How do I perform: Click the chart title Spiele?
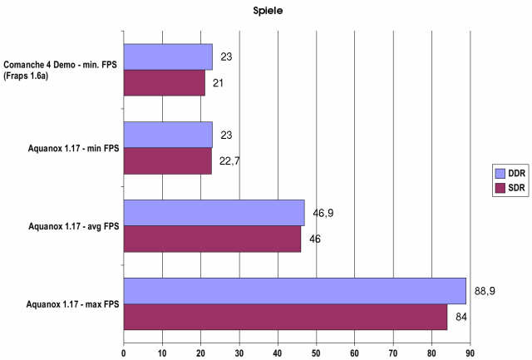point(268,11)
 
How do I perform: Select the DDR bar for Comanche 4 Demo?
point(168,57)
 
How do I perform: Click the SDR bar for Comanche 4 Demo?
point(165,83)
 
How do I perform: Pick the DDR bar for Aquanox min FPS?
point(168,135)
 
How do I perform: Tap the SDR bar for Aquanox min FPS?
point(168,161)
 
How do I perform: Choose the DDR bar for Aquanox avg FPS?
point(214,213)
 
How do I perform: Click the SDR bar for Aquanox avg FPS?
point(213,239)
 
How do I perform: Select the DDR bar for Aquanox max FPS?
point(295,291)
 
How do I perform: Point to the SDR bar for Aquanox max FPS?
point(285,317)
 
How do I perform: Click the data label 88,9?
point(485,291)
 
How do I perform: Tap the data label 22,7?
point(229,160)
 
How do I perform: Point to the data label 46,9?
point(323,213)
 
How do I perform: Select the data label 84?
point(461,317)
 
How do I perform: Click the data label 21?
point(218,83)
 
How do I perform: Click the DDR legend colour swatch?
point(500,174)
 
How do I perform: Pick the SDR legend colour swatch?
point(500,188)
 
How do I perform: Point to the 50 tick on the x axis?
point(316,353)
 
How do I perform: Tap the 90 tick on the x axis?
point(470,353)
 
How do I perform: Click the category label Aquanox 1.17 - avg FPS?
point(74,226)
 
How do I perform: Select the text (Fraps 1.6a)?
point(26,76)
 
